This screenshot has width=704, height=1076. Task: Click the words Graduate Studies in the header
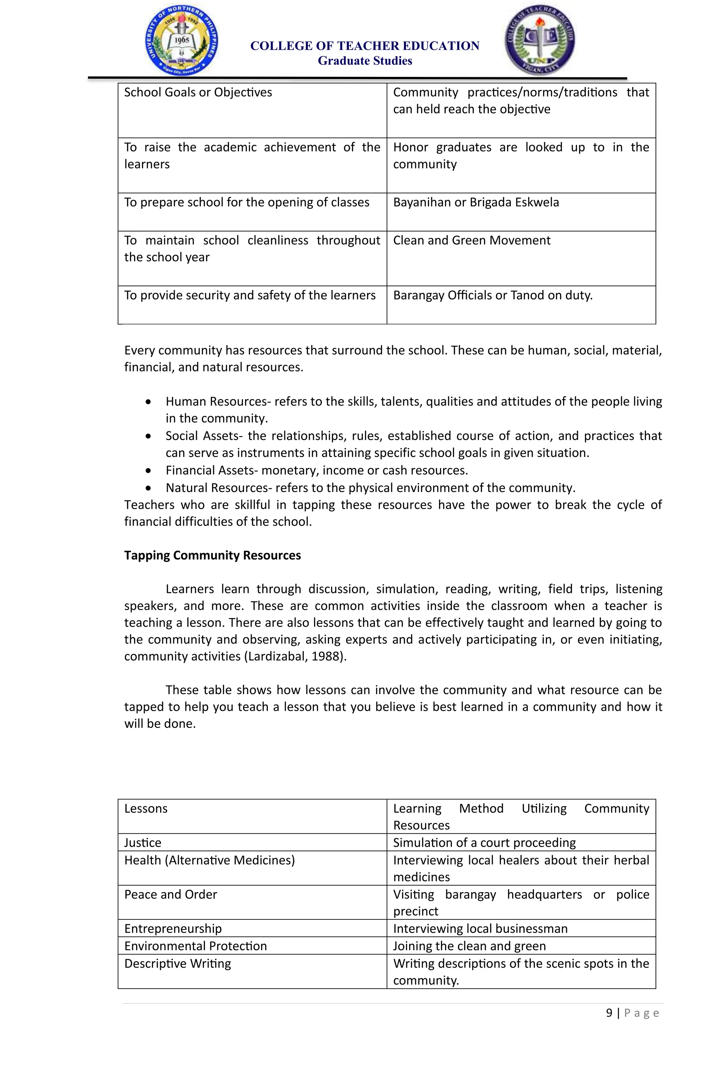click(x=365, y=60)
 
